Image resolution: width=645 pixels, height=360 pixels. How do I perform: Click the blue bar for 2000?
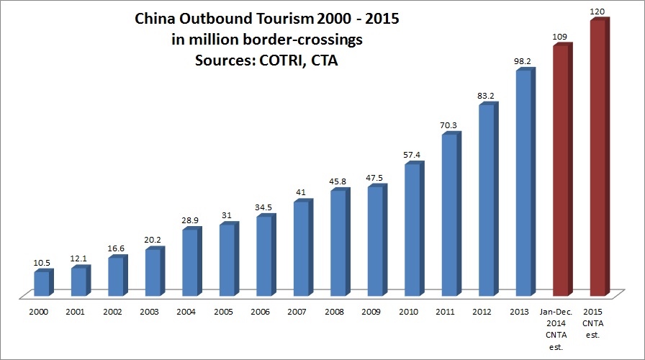coord(42,283)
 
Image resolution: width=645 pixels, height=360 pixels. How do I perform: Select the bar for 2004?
coord(190,262)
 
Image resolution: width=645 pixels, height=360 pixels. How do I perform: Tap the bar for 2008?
coord(338,243)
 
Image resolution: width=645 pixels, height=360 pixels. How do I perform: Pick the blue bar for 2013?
coord(523,183)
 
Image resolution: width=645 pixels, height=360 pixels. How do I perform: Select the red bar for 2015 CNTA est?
coord(597,158)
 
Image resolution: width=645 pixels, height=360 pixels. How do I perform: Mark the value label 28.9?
coord(190,220)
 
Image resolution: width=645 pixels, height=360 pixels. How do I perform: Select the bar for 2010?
coord(412,230)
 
